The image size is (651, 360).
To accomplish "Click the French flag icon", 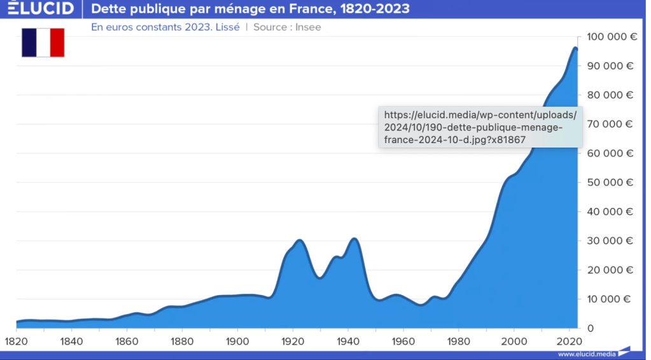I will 43,43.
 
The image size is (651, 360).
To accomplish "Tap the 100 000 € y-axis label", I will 612,37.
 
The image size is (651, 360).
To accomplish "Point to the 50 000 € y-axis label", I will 612,183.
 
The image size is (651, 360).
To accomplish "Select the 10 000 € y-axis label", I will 612,299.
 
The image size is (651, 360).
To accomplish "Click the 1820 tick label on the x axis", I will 17,342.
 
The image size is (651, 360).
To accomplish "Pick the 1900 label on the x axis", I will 237,342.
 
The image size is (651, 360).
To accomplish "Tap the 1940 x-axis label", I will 348,342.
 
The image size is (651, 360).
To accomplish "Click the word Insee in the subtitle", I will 308,27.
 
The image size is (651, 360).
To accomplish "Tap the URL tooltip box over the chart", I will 480,127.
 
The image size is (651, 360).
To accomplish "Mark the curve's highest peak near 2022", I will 575,48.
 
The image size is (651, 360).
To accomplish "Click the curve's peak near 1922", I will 299,240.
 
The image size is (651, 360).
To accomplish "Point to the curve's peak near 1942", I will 354,239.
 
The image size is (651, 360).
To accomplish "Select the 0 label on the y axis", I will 591,328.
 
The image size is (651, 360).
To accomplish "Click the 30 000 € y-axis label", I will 612,241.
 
